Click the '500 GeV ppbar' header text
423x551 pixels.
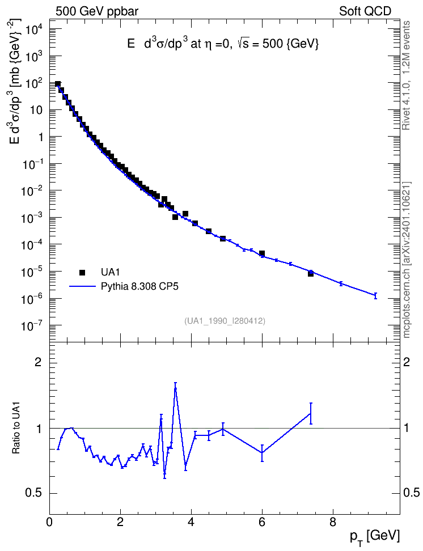[97, 11]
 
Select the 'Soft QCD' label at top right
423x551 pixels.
[365, 11]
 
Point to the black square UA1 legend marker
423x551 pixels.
[82, 272]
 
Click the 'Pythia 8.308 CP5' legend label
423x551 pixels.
[139, 286]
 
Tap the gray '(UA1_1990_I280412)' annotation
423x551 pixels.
[225, 321]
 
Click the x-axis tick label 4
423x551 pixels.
[191, 522]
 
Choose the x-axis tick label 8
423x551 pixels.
[333, 522]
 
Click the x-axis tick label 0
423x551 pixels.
[49, 522]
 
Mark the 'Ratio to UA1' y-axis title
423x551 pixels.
[16, 427]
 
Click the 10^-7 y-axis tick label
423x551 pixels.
[33, 326]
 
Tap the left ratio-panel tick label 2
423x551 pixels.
[38, 362]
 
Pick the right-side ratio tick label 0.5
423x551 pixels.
[411, 493]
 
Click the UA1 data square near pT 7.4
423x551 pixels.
[311, 273]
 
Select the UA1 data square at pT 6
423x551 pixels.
[262, 253]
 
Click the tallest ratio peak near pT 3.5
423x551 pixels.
[175, 388]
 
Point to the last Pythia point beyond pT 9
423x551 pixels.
[375, 295]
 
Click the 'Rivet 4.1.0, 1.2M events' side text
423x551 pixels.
[407, 75]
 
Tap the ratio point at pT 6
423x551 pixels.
[262, 452]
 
